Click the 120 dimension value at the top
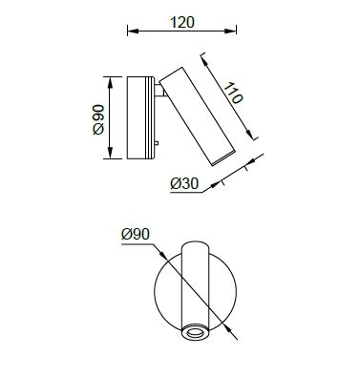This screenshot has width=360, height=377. [x=182, y=23]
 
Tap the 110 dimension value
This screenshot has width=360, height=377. [x=233, y=93]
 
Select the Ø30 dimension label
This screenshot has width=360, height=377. [x=184, y=183]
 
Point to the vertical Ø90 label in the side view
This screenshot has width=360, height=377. [x=98, y=119]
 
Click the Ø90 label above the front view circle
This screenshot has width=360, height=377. [x=136, y=235]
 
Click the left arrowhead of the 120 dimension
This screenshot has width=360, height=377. [x=133, y=31]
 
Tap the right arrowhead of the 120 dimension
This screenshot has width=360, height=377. [x=230, y=31]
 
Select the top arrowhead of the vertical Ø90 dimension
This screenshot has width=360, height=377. [x=110, y=82]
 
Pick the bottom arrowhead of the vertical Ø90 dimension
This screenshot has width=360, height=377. [x=110, y=153]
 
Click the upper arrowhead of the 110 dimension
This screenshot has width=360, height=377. [x=205, y=61]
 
